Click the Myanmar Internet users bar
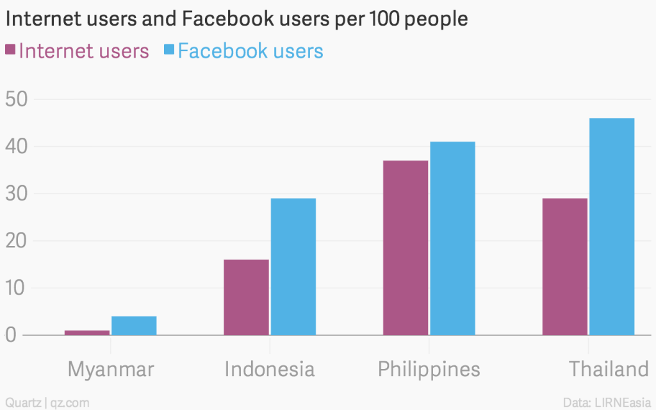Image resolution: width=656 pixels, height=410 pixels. coord(87,332)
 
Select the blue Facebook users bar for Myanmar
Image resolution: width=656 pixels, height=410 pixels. coord(134,325)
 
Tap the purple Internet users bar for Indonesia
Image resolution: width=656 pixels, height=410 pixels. coord(246,297)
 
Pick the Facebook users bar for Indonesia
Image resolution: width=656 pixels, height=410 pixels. coord(293,266)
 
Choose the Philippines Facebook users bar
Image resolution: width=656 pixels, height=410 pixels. coord(452,238)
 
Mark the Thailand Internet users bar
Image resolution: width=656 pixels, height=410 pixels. coord(564,266)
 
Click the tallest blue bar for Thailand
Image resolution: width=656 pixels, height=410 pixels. coord(612,226)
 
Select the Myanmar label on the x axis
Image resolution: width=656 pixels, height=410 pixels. coord(111,370)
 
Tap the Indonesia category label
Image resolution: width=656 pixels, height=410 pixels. coord(270,370)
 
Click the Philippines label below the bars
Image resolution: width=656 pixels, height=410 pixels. coord(429,370)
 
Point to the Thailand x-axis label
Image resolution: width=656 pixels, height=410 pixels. coord(609,370)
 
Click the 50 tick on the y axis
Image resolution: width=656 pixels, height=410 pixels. coord(17,100)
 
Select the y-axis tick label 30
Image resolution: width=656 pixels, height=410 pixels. coord(17,194)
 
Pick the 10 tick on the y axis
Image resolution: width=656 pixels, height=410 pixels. coord(17,288)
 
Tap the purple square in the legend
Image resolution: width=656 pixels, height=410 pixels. coord(10,50)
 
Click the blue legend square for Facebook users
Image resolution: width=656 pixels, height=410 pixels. coord(169,50)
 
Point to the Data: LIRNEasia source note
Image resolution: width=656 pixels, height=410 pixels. coord(605,402)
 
